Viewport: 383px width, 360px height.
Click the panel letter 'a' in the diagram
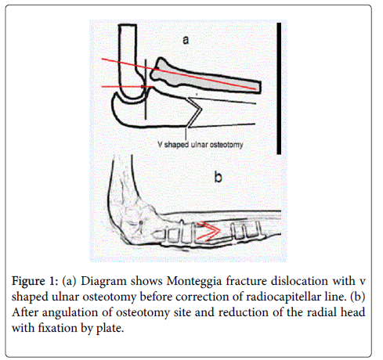pos(186,40)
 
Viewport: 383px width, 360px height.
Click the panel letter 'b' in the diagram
pos(218,177)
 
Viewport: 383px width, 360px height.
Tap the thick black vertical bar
pos(279,88)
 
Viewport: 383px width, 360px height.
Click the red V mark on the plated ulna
pos(209,231)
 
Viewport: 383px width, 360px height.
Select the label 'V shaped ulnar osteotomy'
pos(201,145)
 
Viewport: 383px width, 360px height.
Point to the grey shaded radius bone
pos(204,76)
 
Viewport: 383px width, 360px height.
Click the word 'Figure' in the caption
pos(28,282)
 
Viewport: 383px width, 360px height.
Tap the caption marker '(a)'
pos(69,281)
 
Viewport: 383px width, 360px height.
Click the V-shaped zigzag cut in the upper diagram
pos(194,113)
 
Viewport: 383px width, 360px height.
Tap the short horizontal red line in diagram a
pos(127,86)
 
